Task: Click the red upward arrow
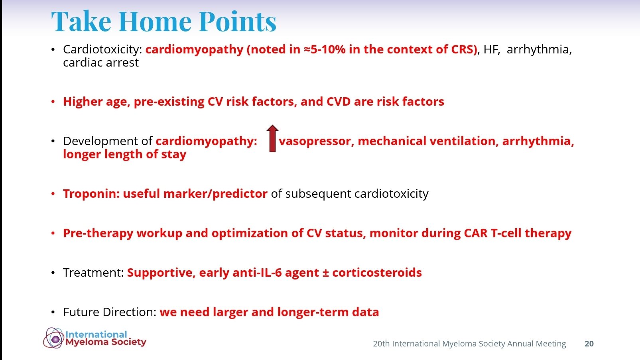[x=272, y=139]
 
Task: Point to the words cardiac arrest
[x=101, y=63]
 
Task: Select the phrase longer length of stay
[x=124, y=154]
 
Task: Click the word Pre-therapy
[x=98, y=233]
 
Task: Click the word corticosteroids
[x=377, y=273]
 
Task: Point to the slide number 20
[x=589, y=344]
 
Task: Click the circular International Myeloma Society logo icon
[x=54, y=338]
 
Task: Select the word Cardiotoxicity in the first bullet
[x=102, y=50]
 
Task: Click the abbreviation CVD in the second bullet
[x=338, y=102]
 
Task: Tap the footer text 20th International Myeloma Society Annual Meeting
[x=469, y=344]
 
